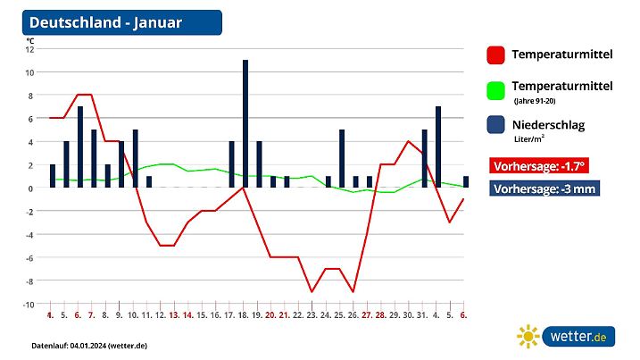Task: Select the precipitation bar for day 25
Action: point(342,158)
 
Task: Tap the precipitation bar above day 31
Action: point(425,158)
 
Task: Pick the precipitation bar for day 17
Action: point(231,164)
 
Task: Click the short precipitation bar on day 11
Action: point(149,182)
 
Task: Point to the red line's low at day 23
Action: point(312,291)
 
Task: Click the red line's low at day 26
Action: point(353,291)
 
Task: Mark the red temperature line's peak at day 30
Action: point(408,141)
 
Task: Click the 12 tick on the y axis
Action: point(29,49)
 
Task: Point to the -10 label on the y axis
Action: point(28,304)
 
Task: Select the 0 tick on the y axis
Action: point(31,188)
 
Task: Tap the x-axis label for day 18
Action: point(244,314)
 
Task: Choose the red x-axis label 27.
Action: point(367,314)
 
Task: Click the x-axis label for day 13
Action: point(175,314)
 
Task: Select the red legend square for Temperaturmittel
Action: point(495,55)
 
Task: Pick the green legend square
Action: point(495,90)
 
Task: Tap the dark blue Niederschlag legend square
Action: point(495,126)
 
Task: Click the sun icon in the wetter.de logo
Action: point(528,336)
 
